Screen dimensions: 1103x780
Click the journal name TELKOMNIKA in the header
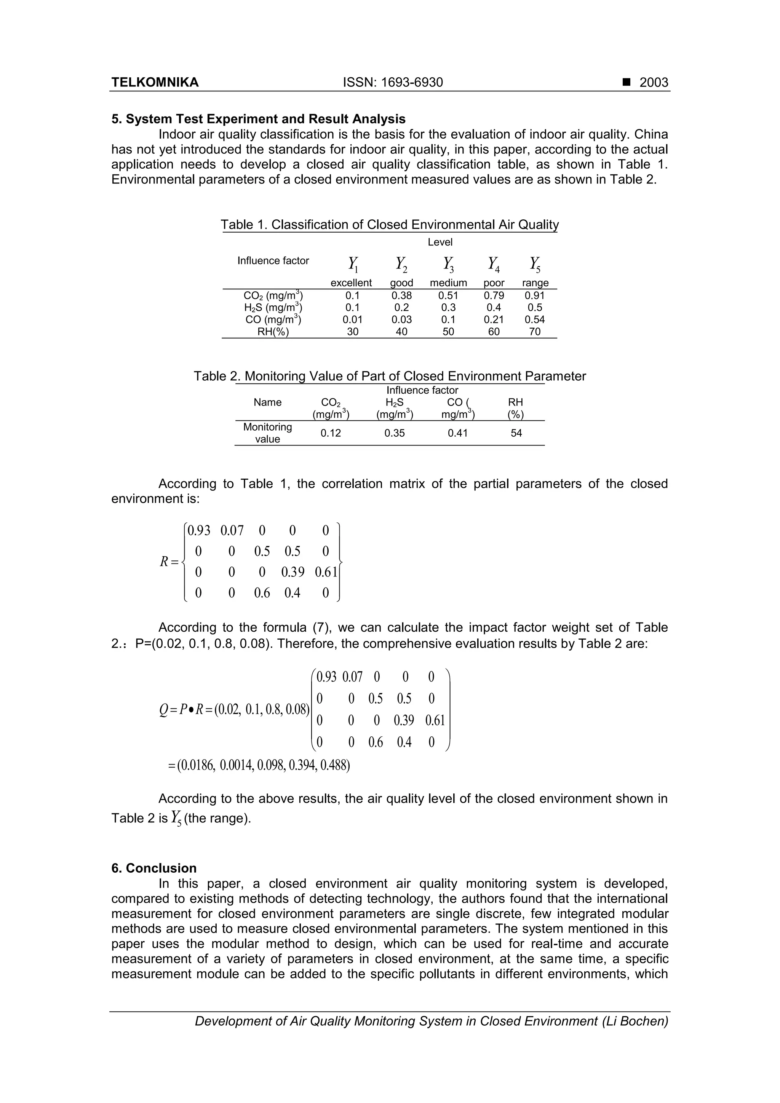155,83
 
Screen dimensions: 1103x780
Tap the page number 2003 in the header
654,83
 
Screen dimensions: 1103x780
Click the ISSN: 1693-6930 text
393,83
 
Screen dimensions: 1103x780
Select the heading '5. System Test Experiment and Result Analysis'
258,119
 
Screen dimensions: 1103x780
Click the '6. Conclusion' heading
154,868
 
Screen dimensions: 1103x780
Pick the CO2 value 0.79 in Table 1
494,296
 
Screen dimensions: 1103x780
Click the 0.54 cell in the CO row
534,319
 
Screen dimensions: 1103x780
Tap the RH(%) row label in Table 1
273,332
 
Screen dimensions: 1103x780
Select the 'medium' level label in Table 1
448,283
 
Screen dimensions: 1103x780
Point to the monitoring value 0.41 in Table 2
457,433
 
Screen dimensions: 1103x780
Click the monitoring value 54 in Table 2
516,433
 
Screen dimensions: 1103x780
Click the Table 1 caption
389,225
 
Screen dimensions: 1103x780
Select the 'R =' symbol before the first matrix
169,561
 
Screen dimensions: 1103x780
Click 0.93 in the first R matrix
198,531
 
